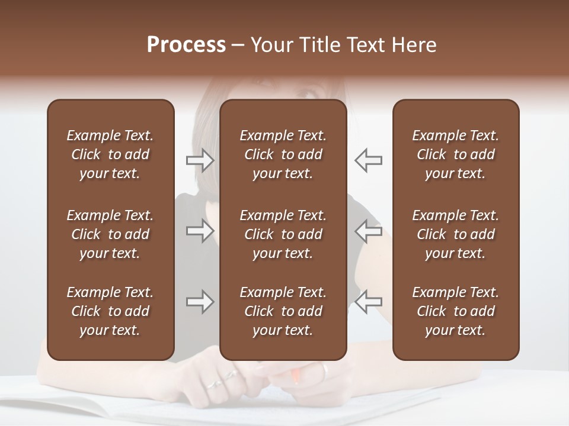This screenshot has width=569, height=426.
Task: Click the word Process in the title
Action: (186, 45)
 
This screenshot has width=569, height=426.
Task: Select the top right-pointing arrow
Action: (200, 160)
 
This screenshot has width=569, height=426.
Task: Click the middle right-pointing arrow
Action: (200, 231)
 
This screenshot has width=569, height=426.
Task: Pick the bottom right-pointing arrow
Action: (200, 302)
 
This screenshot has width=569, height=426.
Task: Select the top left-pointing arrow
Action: (368, 160)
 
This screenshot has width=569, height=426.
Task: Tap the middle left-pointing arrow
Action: (368, 231)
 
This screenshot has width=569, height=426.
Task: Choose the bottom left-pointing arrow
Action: (368, 302)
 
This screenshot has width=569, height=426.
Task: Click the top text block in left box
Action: (110, 154)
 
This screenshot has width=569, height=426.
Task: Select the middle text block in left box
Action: (110, 234)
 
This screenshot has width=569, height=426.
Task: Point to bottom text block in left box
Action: (110, 311)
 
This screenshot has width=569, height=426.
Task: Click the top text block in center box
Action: (283, 154)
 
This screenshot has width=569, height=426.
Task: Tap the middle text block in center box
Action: (283, 234)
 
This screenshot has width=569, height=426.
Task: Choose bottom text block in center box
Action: (283, 311)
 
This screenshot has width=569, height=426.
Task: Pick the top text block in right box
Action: (455, 154)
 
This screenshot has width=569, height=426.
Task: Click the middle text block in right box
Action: (455, 234)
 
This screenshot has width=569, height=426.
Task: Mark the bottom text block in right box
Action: (455, 311)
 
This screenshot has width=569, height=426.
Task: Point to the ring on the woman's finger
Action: (215, 383)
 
